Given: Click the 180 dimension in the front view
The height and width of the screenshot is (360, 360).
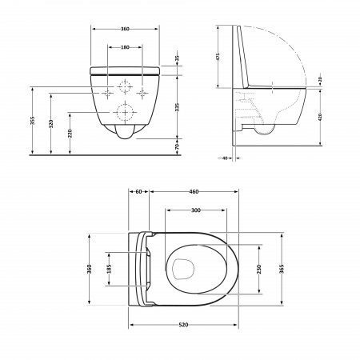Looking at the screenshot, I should point(126,47).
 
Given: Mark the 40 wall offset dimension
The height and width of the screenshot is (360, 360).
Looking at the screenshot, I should point(227,158).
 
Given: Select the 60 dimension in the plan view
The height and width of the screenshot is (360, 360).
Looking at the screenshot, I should point(139,192).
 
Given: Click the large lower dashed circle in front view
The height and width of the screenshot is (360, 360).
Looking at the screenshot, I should point(126,111).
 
